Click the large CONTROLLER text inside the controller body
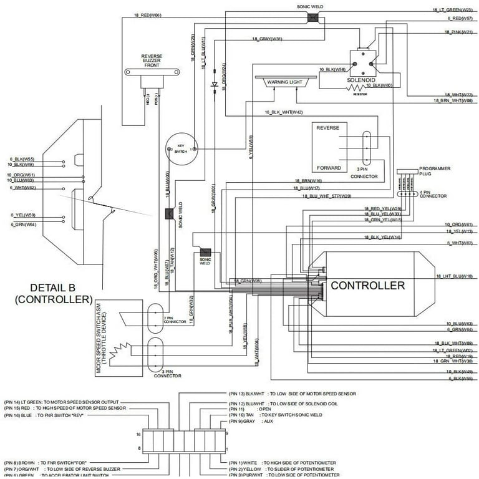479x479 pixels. point(367,286)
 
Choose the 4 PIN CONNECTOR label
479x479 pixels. point(433,194)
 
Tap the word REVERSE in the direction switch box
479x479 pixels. point(327,128)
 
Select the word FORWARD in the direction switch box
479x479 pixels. point(328,168)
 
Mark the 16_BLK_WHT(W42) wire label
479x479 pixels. point(283,112)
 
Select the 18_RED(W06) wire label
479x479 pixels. point(148,14)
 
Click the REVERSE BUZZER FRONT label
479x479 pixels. point(152,60)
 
